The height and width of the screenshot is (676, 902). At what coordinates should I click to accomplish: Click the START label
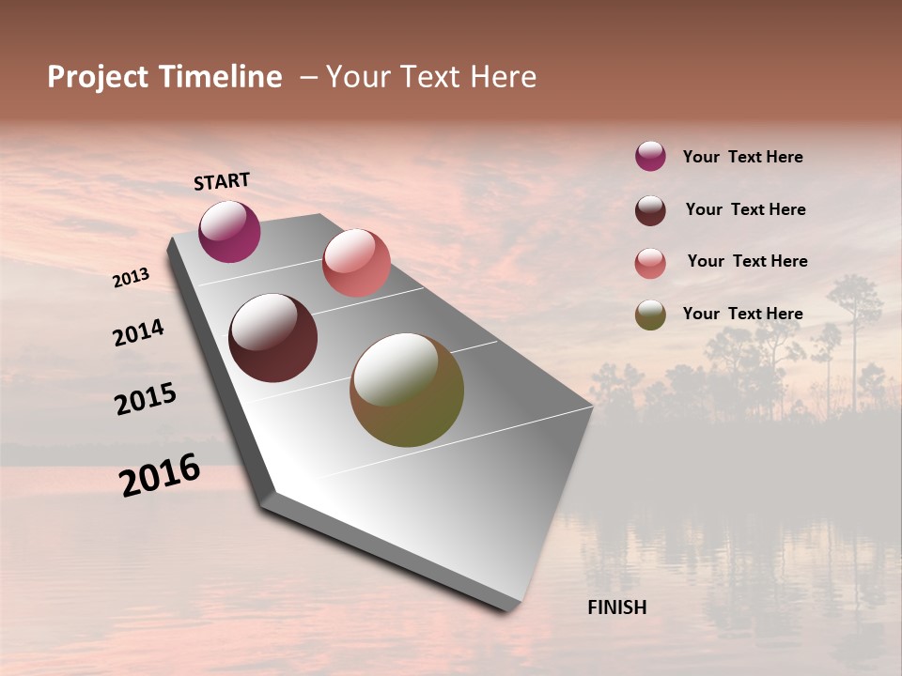(x=222, y=181)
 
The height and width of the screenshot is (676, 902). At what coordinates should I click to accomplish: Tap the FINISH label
(x=616, y=607)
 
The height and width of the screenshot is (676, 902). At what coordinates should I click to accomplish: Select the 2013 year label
(x=131, y=278)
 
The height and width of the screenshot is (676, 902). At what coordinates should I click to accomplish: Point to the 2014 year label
(x=138, y=332)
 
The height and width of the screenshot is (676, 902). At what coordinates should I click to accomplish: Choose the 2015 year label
(x=146, y=399)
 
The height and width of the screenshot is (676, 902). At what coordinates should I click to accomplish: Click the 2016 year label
(x=160, y=475)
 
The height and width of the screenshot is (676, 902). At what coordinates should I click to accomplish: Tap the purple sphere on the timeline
(x=229, y=231)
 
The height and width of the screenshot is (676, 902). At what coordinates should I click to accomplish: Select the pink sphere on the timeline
(x=356, y=263)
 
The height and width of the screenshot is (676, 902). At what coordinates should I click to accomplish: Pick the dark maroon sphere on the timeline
(x=272, y=338)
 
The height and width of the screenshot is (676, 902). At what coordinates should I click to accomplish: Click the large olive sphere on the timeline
(x=407, y=390)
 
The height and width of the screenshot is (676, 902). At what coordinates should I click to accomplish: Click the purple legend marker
(x=650, y=157)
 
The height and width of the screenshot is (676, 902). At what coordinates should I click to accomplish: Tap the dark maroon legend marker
(x=650, y=209)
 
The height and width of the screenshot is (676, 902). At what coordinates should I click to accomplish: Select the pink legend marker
(x=650, y=262)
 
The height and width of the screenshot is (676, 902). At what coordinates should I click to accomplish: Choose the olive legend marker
(x=650, y=315)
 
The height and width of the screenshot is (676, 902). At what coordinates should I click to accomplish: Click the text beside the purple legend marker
(x=742, y=157)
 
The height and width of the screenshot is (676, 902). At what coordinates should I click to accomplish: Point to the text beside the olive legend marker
(x=742, y=314)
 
